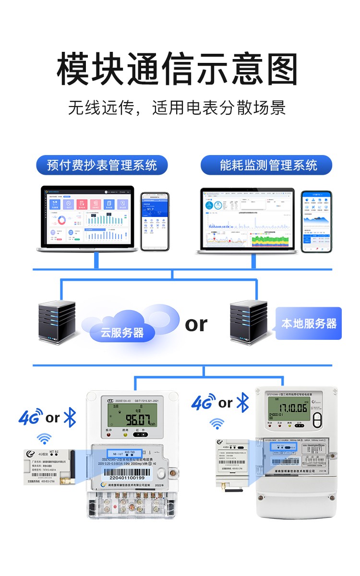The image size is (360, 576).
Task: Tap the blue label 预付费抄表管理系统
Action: (102, 166)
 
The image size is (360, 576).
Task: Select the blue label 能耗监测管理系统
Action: (266, 166)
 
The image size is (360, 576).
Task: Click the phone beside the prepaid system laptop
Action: (155, 221)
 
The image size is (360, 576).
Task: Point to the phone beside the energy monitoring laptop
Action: (317, 221)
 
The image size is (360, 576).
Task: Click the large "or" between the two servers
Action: (196, 324)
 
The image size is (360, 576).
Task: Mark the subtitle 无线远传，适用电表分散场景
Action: (177, 108)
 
